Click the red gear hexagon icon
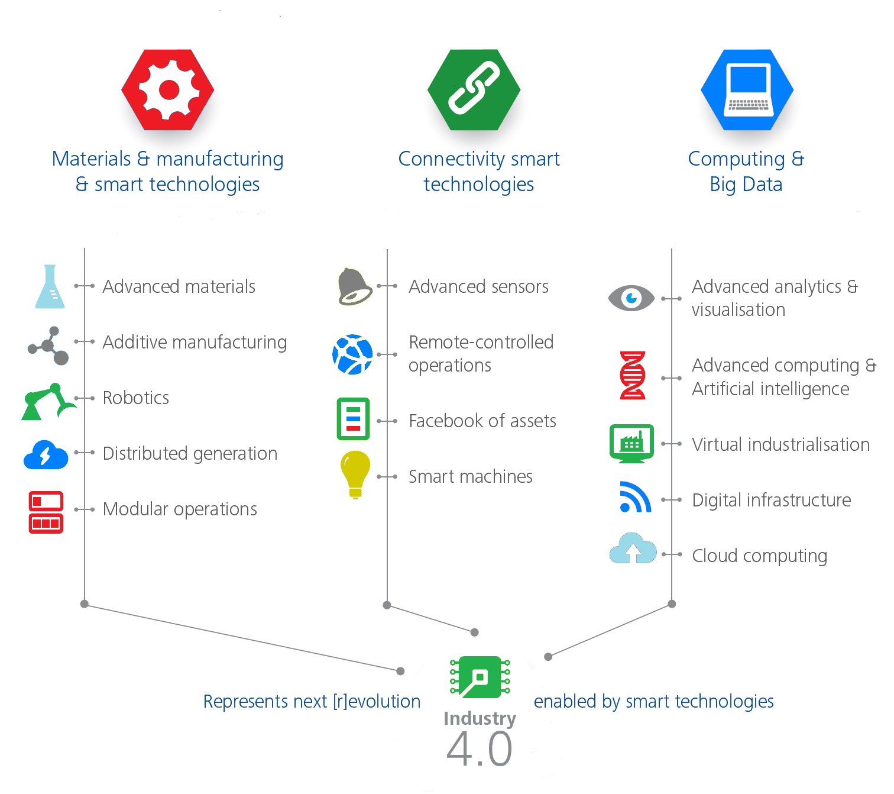tap(168, 90)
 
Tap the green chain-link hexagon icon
tap(474, 90)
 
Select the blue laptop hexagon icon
tap(747, 90)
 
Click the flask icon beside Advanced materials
tap(50, 287)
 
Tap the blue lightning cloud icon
tap(46, 455)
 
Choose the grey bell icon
tap(354, 287)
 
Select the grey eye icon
tap(631, 298)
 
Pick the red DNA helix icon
tap(632, 375)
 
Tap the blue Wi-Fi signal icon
tap(635, 498)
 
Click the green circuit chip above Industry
tap(480, 677)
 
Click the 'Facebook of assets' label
tap(482, 421)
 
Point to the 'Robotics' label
tap(136, 398)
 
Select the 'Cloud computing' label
tap(760, 556)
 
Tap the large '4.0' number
tap(480, 749)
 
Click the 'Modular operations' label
tap(180, 509)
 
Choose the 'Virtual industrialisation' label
tap(781, 444)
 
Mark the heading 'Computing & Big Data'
tap(746, 172)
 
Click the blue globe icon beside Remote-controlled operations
tap(352, 354)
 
